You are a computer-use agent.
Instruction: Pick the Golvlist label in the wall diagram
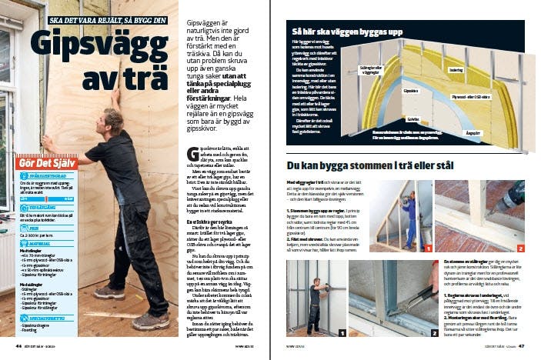pos(414,120)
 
